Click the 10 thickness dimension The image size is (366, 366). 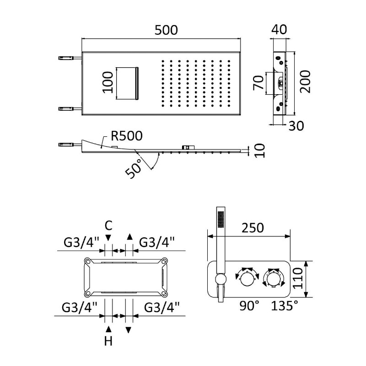260,150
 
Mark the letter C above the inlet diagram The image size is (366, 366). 108,225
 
